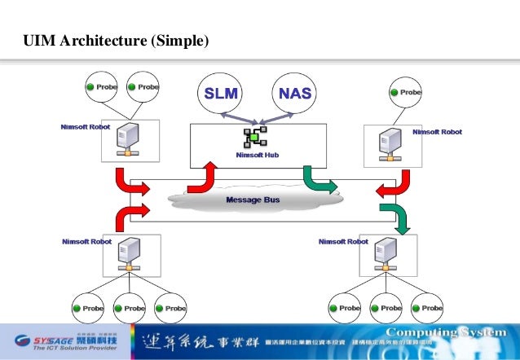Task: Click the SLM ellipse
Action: [221, 94]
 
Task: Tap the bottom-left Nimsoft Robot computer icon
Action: [126, 255]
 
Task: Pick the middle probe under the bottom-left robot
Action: [128, 309]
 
